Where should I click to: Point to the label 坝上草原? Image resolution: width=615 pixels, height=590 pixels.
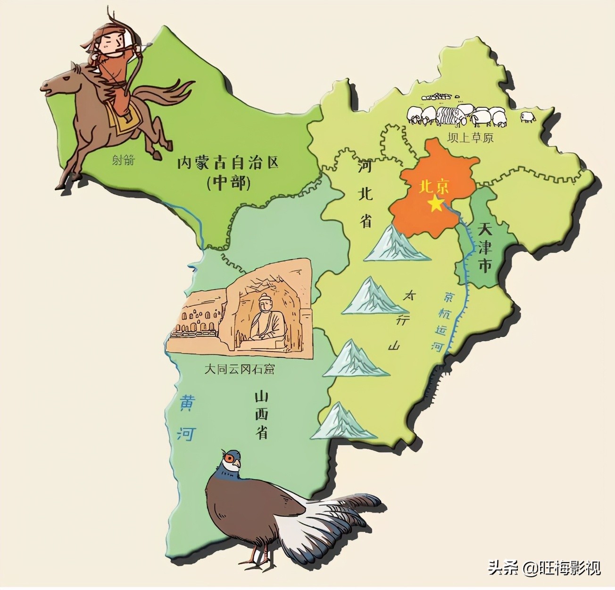point(471,138)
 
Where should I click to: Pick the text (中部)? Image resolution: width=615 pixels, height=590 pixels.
point(228,182)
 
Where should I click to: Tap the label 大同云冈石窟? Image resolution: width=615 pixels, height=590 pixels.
point(239,369)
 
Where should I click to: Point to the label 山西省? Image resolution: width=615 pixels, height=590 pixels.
point(262,414)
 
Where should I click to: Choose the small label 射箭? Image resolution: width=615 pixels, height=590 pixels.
point(124,160)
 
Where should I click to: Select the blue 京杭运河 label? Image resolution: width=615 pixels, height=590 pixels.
point(444,321)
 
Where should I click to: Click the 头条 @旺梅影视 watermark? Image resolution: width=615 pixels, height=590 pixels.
point(544,567)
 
